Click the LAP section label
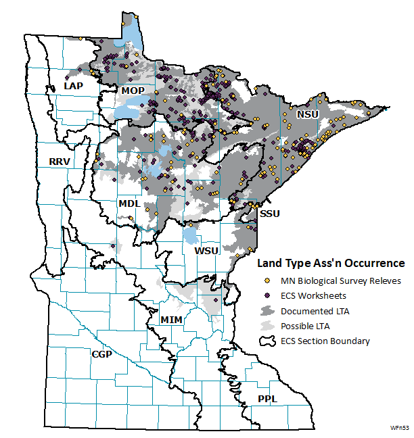pyautogui.click(x=73, y=87)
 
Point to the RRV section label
pyautogui.click(x=60, y=161)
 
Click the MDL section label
pyautogui.click(x=129, y=203)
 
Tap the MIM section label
pyautogui.click(x=172, y=318)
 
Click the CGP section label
pyautogui.click(x=102, y=354)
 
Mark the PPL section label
pyautogui.click(x=267, y=399)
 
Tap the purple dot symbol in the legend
pyautogui.click(x=267, y=295)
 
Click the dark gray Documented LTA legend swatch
pyautogui.click(x=267, y=311)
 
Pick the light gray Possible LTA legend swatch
pyautogui.click(x=267, y=326)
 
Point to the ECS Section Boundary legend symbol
pyautogui.click(x=267, y=341)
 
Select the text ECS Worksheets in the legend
pyautogui.click(x=314, y=295)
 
